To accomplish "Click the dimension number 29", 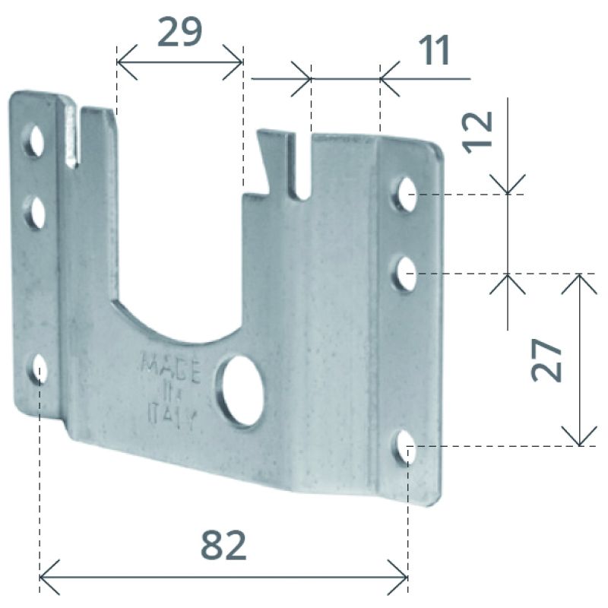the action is (x=179, y=33).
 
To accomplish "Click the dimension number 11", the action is (x=435, y=50).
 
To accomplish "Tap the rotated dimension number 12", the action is (x=478, y=132).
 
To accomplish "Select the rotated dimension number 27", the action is (x=546, y=359).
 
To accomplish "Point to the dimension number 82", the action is (x=223, y=545).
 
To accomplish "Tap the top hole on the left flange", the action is (x=35, y=141).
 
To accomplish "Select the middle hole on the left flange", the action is (x=35, y=213).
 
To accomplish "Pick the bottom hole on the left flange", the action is (x=39, y=369).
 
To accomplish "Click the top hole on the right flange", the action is (x=405, y=195).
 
